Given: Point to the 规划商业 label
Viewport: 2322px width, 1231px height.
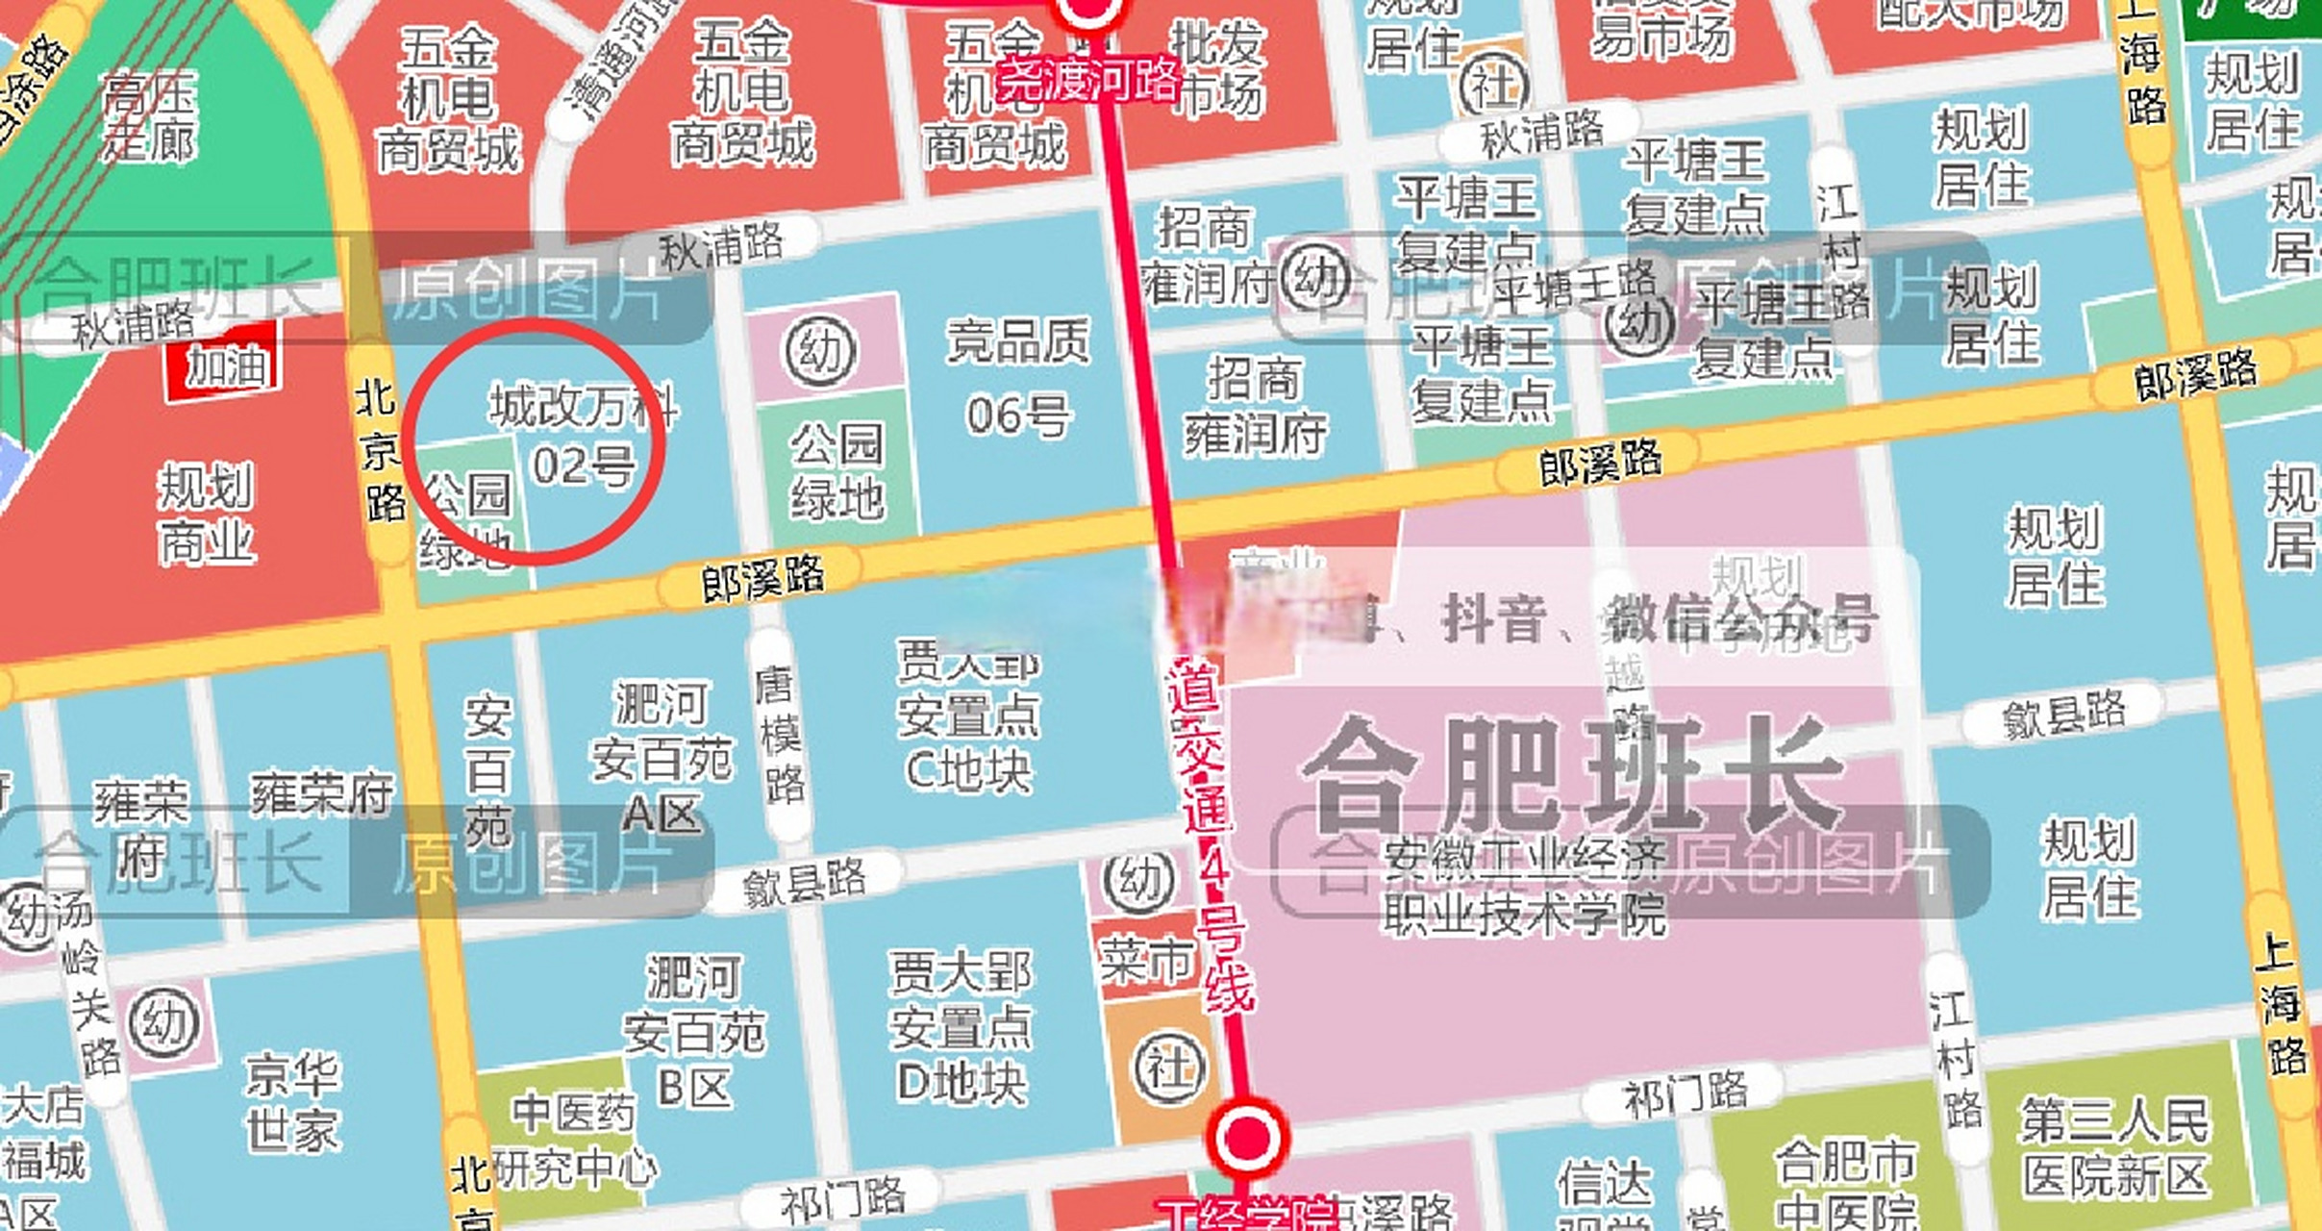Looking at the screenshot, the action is pos(207,514).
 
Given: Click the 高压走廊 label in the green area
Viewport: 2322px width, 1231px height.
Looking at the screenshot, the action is pos(149,116).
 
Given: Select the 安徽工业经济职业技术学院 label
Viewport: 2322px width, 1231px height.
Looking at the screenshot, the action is pos(1524,887).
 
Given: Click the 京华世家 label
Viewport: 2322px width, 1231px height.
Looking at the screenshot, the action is pos(292,1102).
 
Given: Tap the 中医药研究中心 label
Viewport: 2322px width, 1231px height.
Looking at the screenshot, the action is pos(573,1141).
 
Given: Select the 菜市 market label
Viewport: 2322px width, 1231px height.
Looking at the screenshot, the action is pos(1145,961).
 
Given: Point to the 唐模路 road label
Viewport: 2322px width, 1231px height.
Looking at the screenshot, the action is pos(778,736).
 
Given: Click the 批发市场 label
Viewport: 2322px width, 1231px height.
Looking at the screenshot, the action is pos(1217,69).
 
